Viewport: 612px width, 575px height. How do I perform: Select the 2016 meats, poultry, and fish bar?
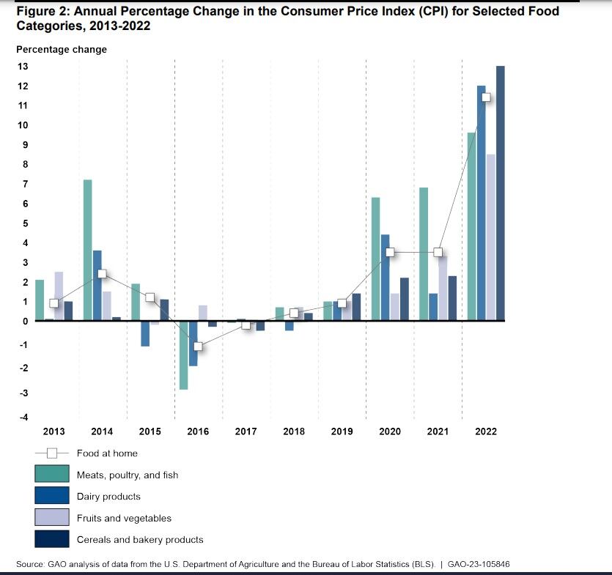coord(183,355)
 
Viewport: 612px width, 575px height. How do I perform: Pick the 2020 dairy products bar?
coord(385,277)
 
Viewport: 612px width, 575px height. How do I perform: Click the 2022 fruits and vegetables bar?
coord(490,237)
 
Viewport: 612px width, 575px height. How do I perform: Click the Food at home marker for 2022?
coord(485,97)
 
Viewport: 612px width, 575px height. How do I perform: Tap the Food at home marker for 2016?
coord(198,346)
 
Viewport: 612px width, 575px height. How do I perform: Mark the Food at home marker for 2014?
coord(102,274)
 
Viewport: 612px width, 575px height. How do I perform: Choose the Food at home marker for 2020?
coord(390,252)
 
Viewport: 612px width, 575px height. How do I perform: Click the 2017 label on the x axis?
coord(246,431)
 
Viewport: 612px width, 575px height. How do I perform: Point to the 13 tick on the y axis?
coord(23,67)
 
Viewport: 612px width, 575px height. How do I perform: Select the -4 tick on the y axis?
coord(23,417)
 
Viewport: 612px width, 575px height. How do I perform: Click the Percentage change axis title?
coord(62,49)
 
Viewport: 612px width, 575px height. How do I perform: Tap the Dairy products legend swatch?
coord(52,496)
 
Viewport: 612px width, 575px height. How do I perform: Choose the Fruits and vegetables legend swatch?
coord(52,518)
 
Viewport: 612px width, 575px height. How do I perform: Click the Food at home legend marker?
coord(52,453)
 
